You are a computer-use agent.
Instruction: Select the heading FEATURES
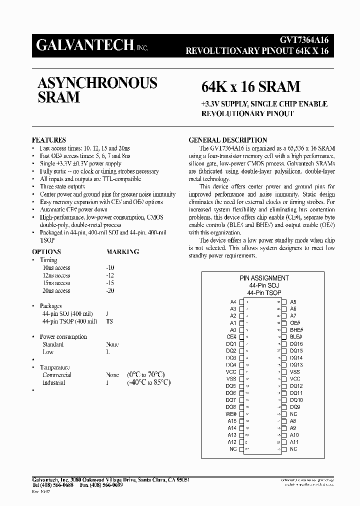tap(49, 140)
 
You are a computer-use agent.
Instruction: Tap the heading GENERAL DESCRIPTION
tap(227, 140)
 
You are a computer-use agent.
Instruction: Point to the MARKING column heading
tap(122, 252)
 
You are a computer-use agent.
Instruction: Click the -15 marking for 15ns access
tap(110, 283)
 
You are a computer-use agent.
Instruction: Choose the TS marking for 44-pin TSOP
tap(109, 321)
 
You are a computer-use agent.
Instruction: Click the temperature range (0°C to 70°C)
tap(146, 375)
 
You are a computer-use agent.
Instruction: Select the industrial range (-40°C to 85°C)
tap(148, 383)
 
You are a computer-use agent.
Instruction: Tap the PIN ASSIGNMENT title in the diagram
tap(264, 278)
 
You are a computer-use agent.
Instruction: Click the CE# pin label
tap(231, 337)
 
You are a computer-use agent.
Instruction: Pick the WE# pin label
tap(231, 414)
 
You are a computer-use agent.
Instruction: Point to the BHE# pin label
tap(296, 330)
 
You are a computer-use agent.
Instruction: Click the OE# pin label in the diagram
tap(295, 323)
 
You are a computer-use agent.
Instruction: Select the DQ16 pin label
tap(296, 344)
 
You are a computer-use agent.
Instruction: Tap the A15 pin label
tap(232, 421)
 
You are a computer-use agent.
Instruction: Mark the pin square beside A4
tap(242, 302)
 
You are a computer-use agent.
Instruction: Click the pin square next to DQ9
tap(283, 407)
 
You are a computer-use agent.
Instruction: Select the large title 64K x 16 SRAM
tap(250, 87)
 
